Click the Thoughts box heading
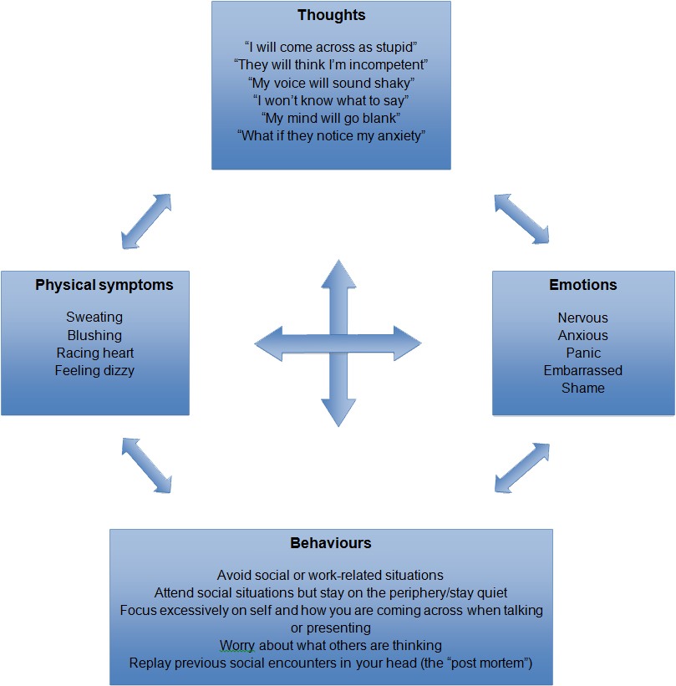pos(331,15)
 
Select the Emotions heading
pos(582,285)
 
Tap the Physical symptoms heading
pos(104,285)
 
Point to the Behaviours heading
pos(331,543)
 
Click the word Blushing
pos(94,335)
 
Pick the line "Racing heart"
pos(94,353)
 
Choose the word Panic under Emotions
pos(582,353)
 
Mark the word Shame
pos(582,388)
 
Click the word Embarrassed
pos(582,370)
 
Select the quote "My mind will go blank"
pos(331,117)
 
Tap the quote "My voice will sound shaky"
pos(331,82)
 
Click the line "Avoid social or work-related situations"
pos(330,575)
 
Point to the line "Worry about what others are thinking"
pos(330,645)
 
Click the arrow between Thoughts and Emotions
pos(521,218)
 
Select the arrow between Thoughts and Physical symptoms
pos(146,221)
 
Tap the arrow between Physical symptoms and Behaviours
pos(147,465)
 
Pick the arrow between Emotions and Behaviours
pos(522,467)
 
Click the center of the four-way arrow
pos(338,343)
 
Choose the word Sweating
pos(94,318)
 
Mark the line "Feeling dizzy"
pos(94,370)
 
